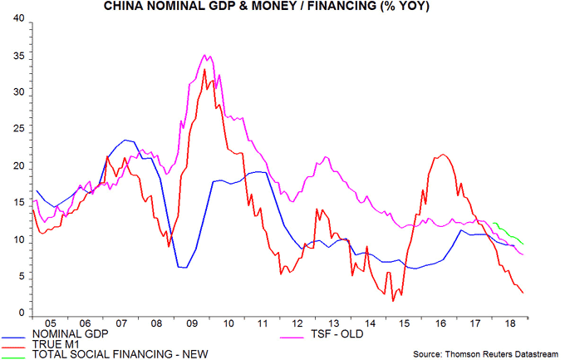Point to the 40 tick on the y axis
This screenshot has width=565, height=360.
(17, 19)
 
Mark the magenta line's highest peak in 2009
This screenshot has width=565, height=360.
(205, 55)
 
